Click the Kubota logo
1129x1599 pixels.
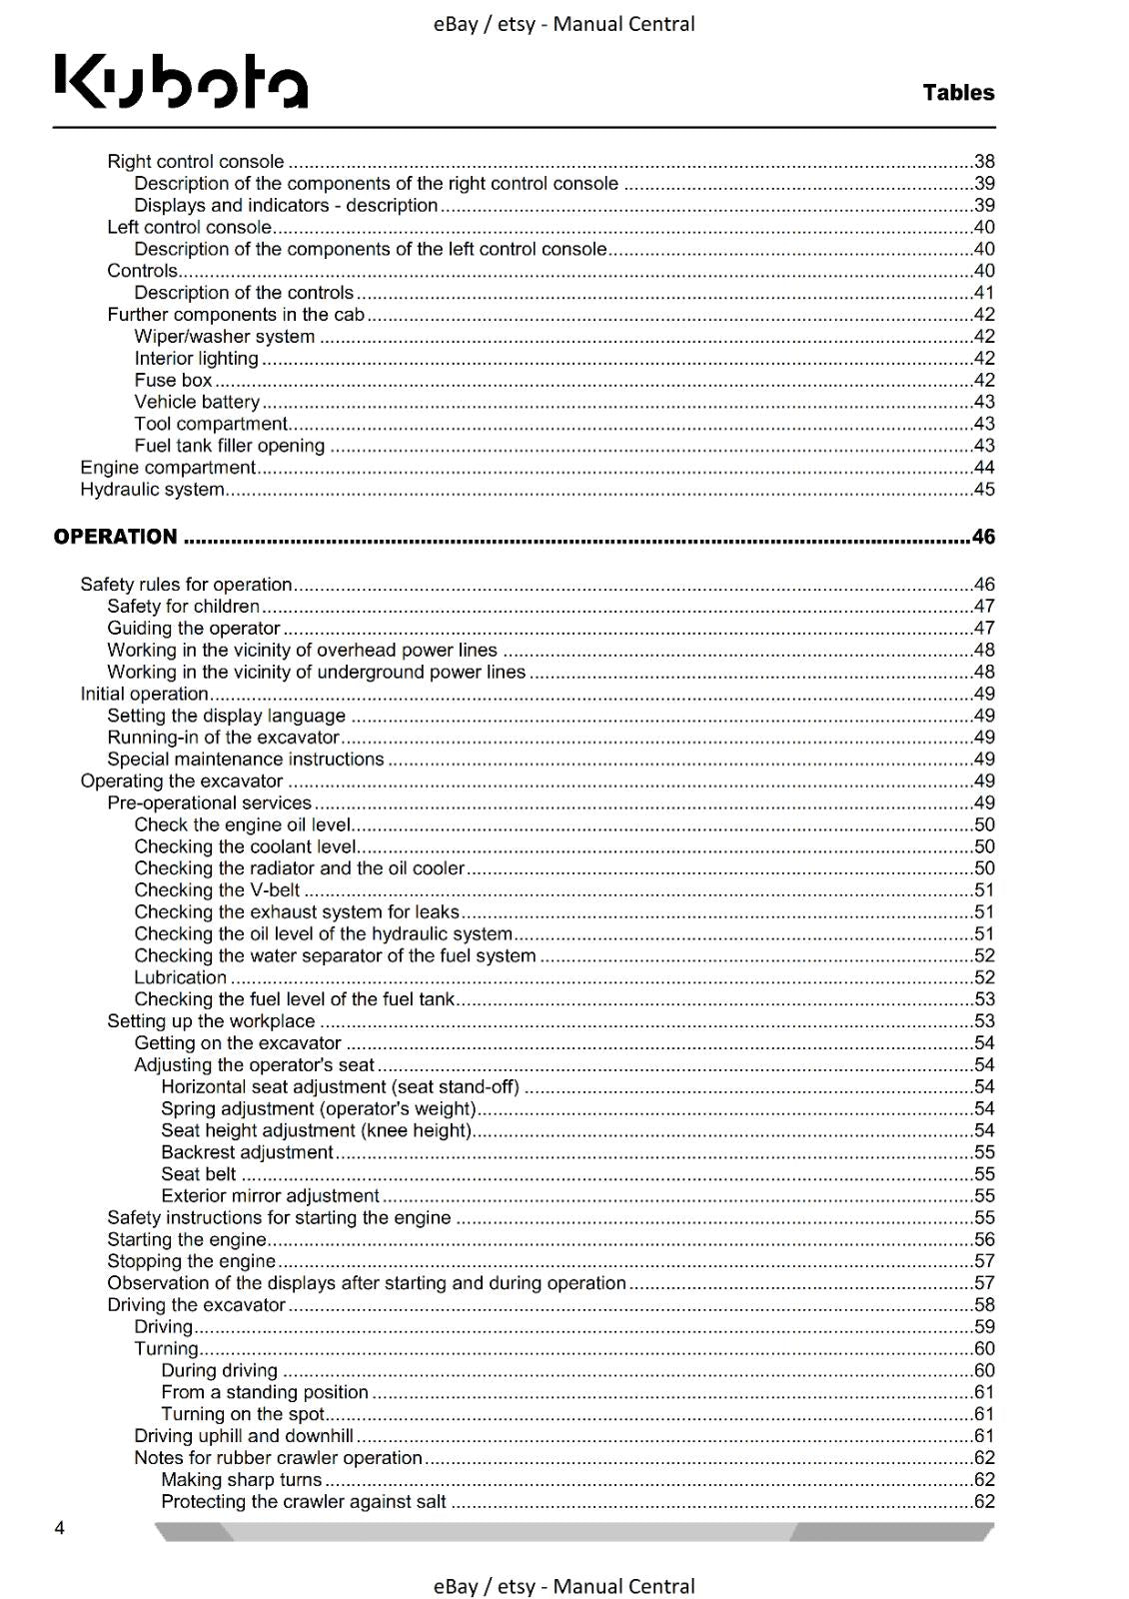[x=181, y=81]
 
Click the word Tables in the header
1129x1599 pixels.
[x=958, y=93]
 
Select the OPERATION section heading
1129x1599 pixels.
[x=115, y=537]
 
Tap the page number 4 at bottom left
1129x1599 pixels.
[x=60, y=1527]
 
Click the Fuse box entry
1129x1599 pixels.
[x=174, y=380]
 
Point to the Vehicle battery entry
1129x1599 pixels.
[x=197, y=402]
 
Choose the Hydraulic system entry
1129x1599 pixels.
[x=152, y=490]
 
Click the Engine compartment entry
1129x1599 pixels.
[x=168, y=468]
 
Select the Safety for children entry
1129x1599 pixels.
[x=183, y=606]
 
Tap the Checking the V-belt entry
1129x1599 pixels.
[x=217, y=890]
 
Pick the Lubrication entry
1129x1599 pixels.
[x=181, y=977]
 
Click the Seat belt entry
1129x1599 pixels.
[x=199, y=1174]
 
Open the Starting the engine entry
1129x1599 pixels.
[x=187, y=1239]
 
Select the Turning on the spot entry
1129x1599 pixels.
[x=243, y=1414]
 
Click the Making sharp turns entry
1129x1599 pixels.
[x=242, y=1480]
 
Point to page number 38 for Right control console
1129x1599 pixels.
[x=984, y=162]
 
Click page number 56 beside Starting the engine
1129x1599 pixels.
[x=984, y=1239]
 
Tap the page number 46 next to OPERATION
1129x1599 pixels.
[x=983, y=537]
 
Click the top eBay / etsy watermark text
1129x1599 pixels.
[x=564, y=24]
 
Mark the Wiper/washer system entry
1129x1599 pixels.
[x=225, y=337]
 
